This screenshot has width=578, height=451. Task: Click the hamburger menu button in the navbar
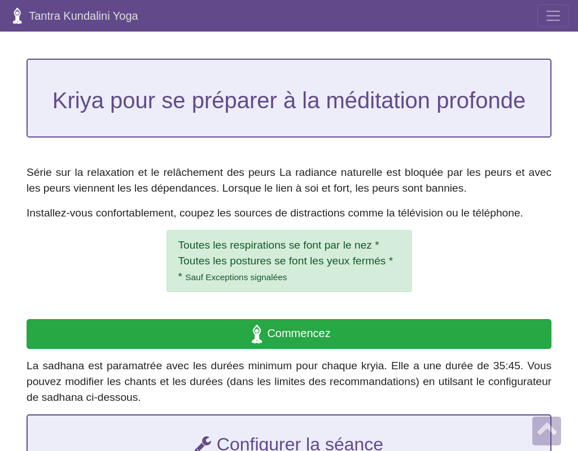[553, 16]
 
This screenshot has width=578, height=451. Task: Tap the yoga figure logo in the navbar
[17, 16]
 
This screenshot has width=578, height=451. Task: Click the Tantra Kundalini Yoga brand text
[84, 16]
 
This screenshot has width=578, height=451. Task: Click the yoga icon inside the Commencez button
[257, 334]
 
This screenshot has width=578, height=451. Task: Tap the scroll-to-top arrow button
[546, 431]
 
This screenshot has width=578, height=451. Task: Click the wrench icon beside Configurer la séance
[203, 444]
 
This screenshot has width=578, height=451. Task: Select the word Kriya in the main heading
[78, 100]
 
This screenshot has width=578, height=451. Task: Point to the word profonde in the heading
[481, 100]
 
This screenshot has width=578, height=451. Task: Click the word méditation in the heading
[378, 100]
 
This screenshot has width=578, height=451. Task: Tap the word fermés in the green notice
[369, 260]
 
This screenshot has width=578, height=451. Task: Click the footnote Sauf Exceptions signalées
[236, 277]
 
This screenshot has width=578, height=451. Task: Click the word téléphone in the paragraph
[498, 213]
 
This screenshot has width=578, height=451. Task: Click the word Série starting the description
[39, 173]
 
